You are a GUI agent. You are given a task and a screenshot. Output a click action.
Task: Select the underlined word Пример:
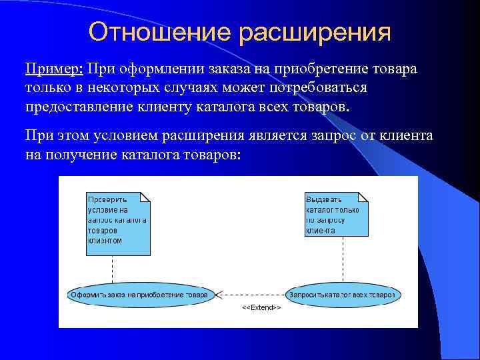pos(53,69)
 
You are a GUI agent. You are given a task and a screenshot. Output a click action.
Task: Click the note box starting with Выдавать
pos(336,213)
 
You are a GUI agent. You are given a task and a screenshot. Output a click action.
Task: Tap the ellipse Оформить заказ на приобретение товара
pos(139,294)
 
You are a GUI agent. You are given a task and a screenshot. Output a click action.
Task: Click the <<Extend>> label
pos(261,307)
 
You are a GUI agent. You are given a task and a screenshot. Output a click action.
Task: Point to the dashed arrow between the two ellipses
pos(250,294)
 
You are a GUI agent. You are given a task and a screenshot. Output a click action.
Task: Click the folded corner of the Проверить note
pos(145,197)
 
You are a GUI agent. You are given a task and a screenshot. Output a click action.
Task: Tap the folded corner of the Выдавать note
pos(363,197)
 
